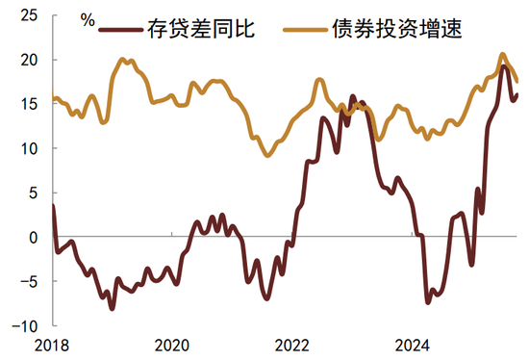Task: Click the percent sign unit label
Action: (x=88, y=18)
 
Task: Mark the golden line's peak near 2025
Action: (x=503, y=55)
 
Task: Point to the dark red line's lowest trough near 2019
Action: (x=112, y=308)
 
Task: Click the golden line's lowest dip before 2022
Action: (x=268, y=155)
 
